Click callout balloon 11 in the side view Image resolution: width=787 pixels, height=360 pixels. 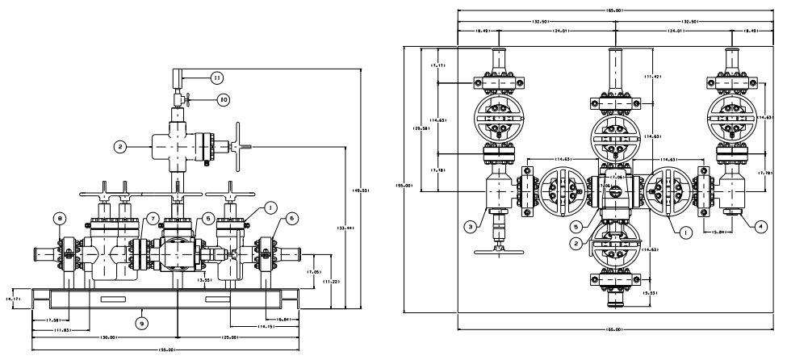216,77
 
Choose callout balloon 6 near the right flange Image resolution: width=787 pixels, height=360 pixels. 290,217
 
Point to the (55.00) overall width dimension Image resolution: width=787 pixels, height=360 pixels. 165,350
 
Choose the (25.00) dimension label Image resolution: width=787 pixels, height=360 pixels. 235,336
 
